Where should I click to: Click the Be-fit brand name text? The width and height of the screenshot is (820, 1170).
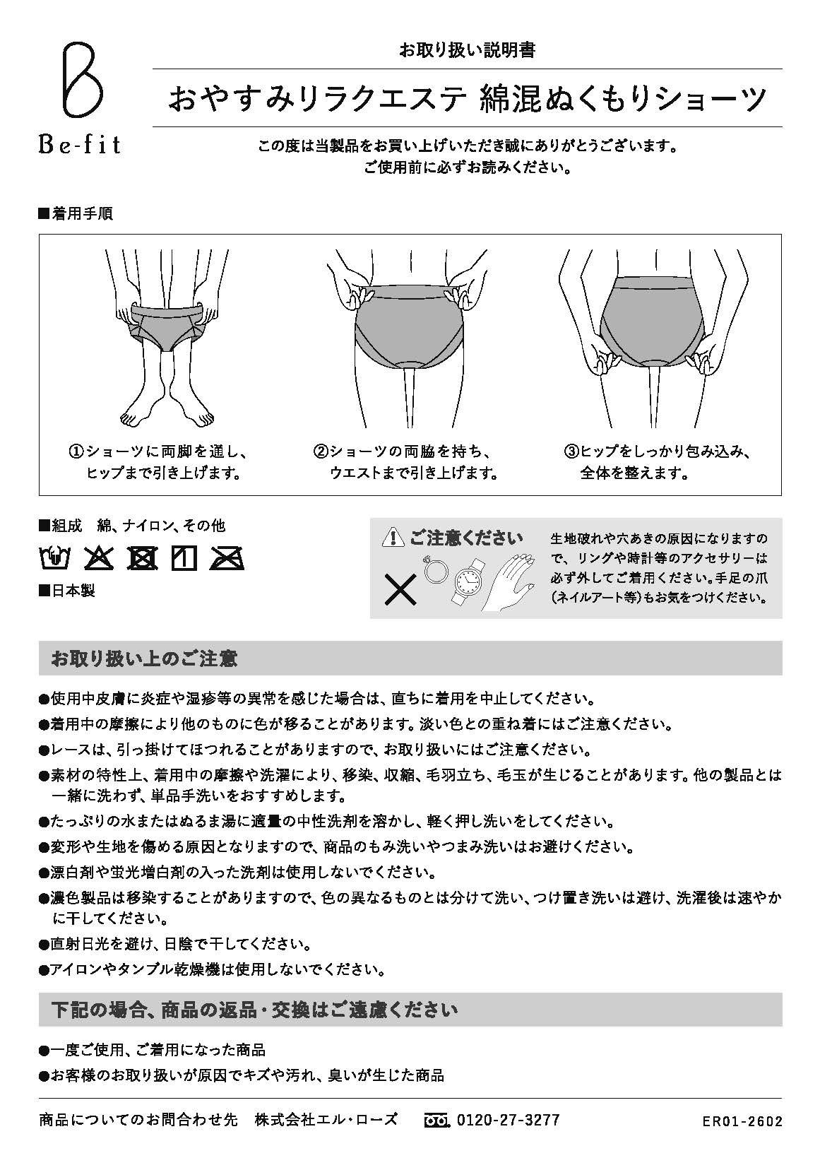coord(79,145)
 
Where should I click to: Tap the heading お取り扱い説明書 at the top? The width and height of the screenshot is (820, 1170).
coord(467,50)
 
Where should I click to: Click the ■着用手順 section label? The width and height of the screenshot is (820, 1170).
coord(75,213)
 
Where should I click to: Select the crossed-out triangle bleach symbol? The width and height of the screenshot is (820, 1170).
coord(98,558)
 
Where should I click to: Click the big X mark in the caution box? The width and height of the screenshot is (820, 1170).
coord(400,589)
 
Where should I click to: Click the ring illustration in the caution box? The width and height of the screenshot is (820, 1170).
coord(433,569)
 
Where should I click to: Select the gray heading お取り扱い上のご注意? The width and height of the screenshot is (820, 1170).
coord(144,658)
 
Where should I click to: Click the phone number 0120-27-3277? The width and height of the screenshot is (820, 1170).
coord(508,1120)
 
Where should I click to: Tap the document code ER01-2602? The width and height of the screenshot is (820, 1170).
coord(742,1121)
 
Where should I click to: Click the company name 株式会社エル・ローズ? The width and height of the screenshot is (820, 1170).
coord(326,1120)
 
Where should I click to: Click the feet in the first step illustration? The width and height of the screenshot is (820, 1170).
coord(167,415)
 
